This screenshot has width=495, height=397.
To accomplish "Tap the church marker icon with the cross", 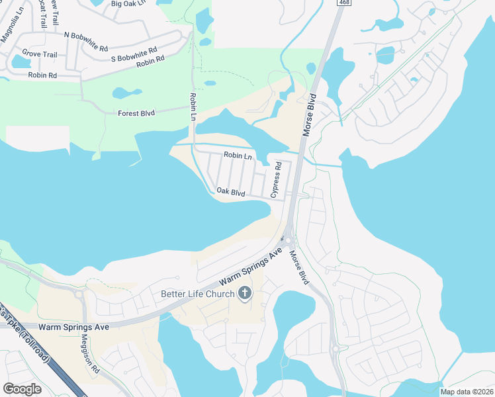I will pyautogui.click(x=245, y=294).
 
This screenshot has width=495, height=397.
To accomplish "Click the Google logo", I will pyautogui.click(x=22, y=388).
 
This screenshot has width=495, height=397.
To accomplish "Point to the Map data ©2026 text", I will pyautogui.click(x=467, y=392).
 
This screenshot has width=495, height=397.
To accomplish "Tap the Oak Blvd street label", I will pyautogui.click(x=231, y=193).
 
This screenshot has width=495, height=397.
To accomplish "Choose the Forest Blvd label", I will pyautogui.click(x=136, y=113).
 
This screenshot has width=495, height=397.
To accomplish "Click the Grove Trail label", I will pyautogui.click(x=40, y=54).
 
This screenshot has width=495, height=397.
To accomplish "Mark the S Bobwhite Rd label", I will pyautogui.click(x=134, y=50).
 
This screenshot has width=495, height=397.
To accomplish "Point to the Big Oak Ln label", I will pyautogui.click(x=129, y=4).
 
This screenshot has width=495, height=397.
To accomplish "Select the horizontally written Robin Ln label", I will pyautogui.click(x=238, y=156).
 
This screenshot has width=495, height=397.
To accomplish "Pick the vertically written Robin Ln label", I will pyautogui.click(x=193, y=106).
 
